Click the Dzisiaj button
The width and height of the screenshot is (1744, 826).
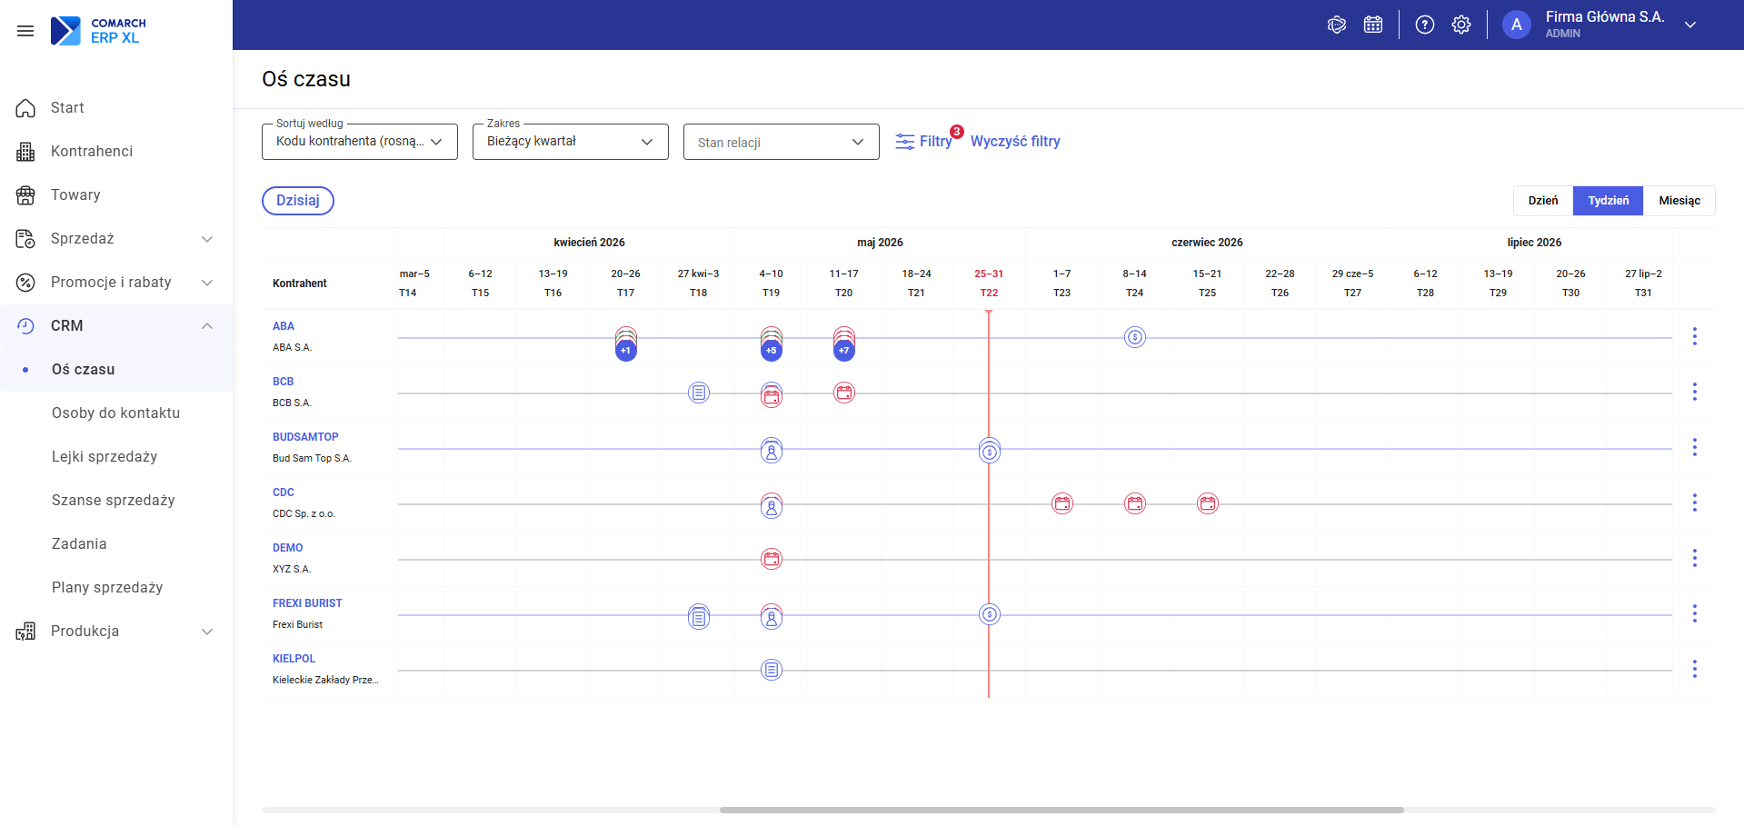click(298, 201)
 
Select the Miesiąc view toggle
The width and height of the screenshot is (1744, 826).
click(1679, 201)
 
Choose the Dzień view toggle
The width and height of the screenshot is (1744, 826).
click(1543, 201)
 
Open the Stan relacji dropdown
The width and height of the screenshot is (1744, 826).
click(781, 142)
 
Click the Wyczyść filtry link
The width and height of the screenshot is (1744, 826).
click(1015, 142)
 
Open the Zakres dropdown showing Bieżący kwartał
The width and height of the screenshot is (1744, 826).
click(570, 142)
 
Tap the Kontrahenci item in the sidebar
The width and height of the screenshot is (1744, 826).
click(92, 151)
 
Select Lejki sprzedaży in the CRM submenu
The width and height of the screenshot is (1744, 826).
click(105, 456)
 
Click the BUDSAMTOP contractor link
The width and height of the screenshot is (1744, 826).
click(305, 437)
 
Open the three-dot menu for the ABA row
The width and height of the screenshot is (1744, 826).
click(1694, 336)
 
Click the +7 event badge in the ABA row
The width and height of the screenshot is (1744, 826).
click(844, 350)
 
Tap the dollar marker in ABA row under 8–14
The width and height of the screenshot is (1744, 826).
click(1135, 337)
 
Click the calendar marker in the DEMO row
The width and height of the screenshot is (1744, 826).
click(772, 559)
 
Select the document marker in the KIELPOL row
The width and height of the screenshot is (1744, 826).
click(772, 670)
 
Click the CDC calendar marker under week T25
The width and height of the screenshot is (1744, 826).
click(1208, 503)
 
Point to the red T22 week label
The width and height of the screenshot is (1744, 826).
click(989, 293)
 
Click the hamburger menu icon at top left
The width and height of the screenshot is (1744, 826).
click(25, 31)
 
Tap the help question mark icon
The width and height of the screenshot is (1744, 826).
click(1425, 25)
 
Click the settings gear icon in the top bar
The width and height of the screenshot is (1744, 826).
click(1461, 25)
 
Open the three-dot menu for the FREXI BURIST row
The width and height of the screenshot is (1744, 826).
click(1694, 613)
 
